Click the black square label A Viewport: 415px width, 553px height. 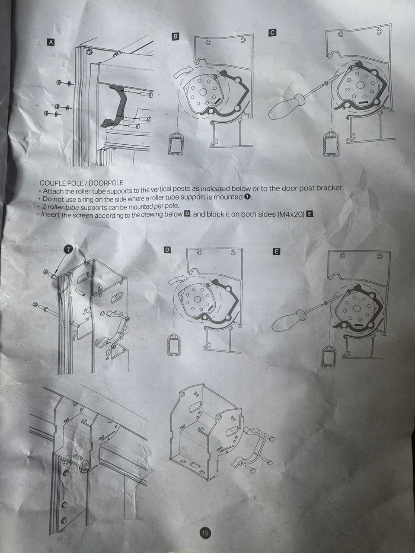pos(51,42)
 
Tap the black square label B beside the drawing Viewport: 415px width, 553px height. pos(176,36)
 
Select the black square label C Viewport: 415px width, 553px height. pos(272,32)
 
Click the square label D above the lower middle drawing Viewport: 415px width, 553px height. pos(167,249)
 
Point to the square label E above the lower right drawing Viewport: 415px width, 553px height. pos(276,251)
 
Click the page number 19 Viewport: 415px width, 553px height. pos(205,538)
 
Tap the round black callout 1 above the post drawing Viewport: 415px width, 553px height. pos(68,249)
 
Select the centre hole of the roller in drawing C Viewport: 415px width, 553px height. pos(360,85)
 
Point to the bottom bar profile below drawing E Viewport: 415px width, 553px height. pos(329,356)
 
